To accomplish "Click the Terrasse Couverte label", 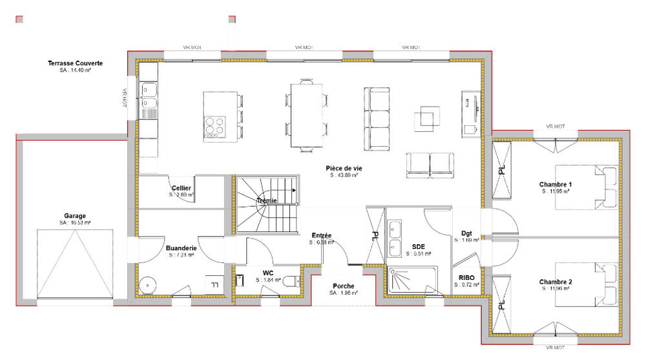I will [x=76, y=63].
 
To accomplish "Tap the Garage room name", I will [x=75, y=216].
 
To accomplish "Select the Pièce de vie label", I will [x=344, y=168].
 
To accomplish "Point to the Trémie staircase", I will [x=266, y=204].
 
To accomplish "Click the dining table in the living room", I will [x=306, y=115].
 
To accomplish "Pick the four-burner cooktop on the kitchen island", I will [x=216, y=125].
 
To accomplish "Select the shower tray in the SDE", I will [x=412, y=281].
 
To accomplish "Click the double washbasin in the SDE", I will [x=394, y=238].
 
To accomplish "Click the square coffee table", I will [x=427, y=116].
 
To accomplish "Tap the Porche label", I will [x=343, y=286].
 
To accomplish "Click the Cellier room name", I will [x=181, y=187].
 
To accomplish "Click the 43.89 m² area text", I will [x=344, y=175].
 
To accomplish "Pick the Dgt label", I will [x=467, y=233].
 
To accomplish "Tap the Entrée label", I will [x=321, y=235].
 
